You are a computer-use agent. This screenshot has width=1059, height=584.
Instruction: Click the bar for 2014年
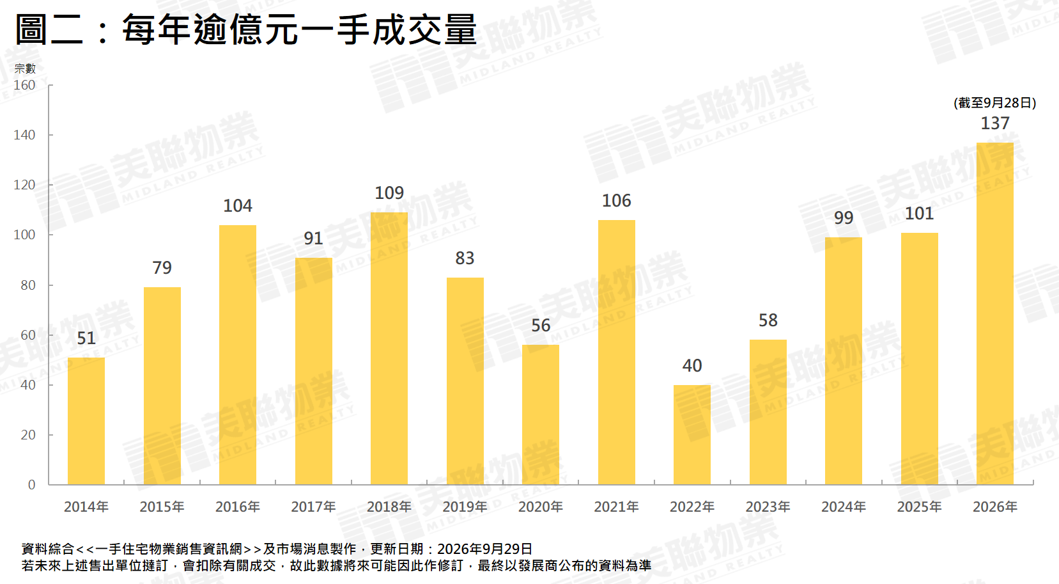86,421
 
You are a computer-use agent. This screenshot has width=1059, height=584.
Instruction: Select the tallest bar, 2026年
994,313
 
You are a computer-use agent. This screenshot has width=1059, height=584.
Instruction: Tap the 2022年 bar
692,434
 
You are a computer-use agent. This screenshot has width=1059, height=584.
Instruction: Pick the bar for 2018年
389,349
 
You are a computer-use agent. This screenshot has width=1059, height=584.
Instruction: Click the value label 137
994,123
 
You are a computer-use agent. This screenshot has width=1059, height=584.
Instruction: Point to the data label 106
616,201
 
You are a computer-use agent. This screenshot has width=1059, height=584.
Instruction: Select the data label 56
541,325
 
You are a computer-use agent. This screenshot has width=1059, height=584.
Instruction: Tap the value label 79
162,268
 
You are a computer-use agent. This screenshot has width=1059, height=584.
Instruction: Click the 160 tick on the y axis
24,85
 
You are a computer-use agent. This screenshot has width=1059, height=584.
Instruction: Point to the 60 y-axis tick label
28,335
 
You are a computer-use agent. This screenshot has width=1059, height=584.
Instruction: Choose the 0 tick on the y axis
32,485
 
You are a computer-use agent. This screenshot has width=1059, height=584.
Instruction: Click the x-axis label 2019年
465,507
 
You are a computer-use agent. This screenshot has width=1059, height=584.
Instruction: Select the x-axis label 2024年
844,507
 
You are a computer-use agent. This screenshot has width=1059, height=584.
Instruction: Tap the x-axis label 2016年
237,507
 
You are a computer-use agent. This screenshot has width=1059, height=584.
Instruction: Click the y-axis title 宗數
24,68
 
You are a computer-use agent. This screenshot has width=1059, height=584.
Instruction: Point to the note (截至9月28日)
994,103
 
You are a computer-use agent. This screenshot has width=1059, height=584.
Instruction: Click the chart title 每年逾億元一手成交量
299,29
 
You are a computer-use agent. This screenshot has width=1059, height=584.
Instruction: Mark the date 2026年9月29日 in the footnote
484,549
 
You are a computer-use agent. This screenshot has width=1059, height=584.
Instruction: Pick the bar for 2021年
616,352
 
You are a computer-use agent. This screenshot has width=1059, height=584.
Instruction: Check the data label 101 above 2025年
919,214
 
